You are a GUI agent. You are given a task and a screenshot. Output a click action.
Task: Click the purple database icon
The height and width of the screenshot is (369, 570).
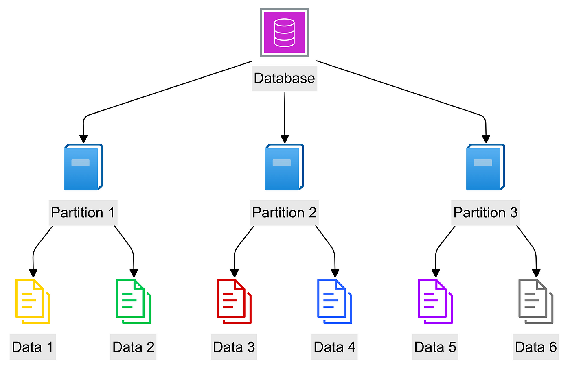click(x=284, y=33)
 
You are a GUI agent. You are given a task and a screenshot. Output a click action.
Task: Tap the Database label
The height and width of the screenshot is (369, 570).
click(x=284, y=78)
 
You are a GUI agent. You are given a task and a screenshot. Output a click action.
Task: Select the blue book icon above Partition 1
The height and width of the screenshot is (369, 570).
click(x=83, y=167)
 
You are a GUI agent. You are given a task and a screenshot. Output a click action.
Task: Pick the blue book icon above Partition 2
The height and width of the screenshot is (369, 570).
click(x=284, y=167)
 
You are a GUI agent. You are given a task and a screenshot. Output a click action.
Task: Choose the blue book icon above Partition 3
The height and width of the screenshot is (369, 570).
click(x=485, y=167)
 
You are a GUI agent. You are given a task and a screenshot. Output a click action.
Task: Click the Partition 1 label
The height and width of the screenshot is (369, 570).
click(x=83, y=213)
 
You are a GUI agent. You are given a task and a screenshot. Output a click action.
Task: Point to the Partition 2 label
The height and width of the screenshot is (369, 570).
click(x=284, y=213)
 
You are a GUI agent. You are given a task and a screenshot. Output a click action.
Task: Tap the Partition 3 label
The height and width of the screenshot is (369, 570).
click(x=485, y=213)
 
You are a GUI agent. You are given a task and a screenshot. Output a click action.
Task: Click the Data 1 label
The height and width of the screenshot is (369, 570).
click(x=33, y=347)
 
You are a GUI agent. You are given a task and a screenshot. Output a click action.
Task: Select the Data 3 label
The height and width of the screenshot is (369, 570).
click(x=234, y=347)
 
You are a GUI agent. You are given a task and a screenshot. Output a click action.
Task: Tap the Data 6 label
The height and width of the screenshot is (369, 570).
click(x=536, y=347)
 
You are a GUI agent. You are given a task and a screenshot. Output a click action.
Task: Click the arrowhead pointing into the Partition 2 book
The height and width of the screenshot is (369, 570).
click(x=285, y=139)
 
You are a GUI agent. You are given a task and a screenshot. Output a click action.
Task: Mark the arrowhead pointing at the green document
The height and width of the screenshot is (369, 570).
click(x=134, y=273)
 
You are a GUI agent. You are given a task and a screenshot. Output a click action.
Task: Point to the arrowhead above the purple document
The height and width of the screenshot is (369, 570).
click(x=436, y=273)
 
